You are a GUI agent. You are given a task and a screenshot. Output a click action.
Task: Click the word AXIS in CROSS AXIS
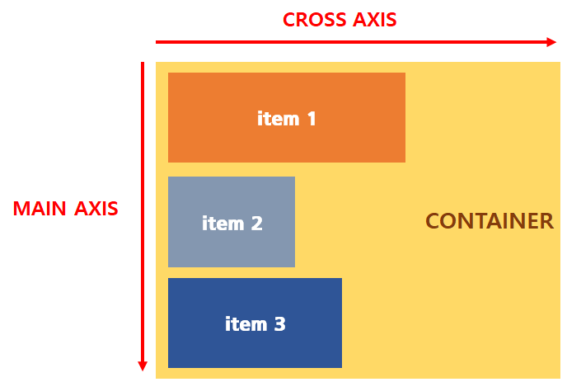coord(373,20)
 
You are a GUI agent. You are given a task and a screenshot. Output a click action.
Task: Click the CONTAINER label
coord(489,221)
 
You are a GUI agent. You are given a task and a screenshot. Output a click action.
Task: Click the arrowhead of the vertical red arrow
coord(143,365)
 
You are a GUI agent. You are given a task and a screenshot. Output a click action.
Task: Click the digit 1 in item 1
coord(312,119)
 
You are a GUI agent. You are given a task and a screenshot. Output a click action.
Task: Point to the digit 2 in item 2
coord(256,224)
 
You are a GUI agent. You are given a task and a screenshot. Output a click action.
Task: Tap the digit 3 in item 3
coord(279,324)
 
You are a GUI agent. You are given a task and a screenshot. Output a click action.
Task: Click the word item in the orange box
coord(278,119)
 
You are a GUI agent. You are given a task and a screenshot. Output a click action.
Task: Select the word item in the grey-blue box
coord(222,224)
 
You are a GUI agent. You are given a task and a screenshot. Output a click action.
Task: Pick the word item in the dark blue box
coord(245,324)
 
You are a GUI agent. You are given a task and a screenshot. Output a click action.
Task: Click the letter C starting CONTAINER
coord(433,221)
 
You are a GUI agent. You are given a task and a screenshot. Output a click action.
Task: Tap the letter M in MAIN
coord(21,209)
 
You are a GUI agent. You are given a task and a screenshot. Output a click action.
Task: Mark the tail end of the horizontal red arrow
coord(157,41)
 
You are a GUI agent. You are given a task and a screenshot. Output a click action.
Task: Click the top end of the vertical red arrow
coord(143,64)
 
